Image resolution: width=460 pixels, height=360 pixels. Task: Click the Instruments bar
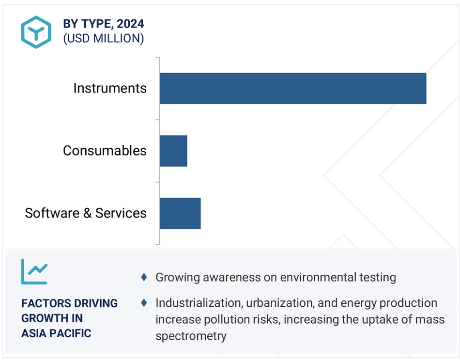click(293, 88)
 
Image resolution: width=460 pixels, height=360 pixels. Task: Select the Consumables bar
click(173, 151)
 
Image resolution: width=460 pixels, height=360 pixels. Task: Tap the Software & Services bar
click(180, 214)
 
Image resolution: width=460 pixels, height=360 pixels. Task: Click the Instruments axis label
click(110, 88)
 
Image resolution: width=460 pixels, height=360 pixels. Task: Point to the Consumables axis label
click(105, 151)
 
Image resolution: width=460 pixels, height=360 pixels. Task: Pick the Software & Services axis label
click(85, 213)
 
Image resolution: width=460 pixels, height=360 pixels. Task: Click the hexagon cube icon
click(36, 32)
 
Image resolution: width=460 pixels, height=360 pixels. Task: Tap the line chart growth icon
click(34, 272)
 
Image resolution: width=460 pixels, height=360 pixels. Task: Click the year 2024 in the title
click(130, 24)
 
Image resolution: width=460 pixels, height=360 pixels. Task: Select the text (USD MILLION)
click(104, 38)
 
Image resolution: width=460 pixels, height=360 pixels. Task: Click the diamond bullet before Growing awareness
click(144, 277)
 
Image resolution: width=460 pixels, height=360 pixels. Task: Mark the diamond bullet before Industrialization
click(144, 302)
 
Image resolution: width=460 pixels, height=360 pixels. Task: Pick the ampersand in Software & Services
click(88, 213)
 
